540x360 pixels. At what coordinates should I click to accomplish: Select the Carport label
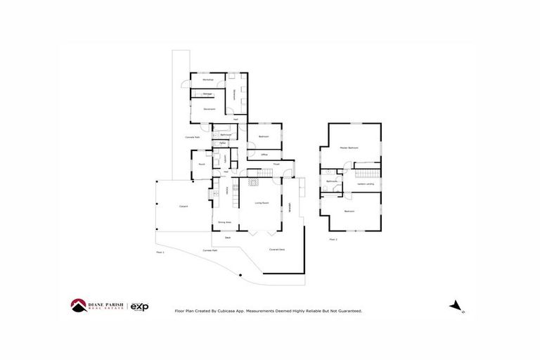tap(184, 206)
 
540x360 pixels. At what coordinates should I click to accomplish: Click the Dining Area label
tap(224, 222)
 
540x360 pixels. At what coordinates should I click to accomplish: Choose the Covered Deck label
tap(277, 250)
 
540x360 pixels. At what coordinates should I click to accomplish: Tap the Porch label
tap(201, 165)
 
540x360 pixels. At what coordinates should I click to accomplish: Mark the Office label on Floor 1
tap(264, 154)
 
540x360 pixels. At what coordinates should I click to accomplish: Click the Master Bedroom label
tap(349, 148)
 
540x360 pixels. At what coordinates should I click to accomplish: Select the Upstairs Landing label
tap(366, 184)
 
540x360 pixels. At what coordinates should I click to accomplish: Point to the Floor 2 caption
tap(333, 240)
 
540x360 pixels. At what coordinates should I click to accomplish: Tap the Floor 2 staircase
tap(366, 172)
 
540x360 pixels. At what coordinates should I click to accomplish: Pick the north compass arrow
tap(456, 305)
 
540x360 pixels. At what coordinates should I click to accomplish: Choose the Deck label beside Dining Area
tap(226, 238)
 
